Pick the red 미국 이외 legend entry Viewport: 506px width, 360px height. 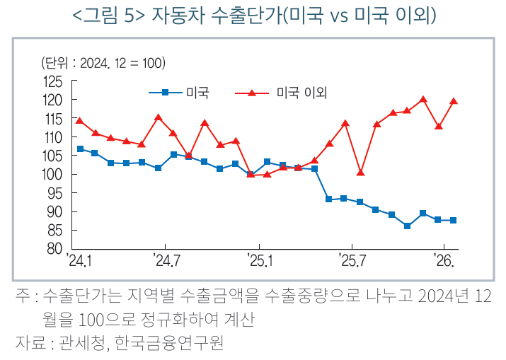point(286,92)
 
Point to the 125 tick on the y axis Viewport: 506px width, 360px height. point(52,81)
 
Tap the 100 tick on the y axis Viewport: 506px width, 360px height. point(52,174)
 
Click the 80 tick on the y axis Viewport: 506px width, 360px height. point(55,249)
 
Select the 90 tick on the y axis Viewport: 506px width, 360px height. point(55,211)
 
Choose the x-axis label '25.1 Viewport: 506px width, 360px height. point(258,261)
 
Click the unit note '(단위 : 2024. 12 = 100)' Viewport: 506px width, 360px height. point(103,63)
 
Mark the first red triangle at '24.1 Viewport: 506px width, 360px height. point(79,121)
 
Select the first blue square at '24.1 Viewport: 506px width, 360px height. point(80,149)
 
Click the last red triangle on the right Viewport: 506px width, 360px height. point(454,101)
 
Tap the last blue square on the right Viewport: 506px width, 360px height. point(454,220)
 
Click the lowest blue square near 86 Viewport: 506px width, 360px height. point(408,226)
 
